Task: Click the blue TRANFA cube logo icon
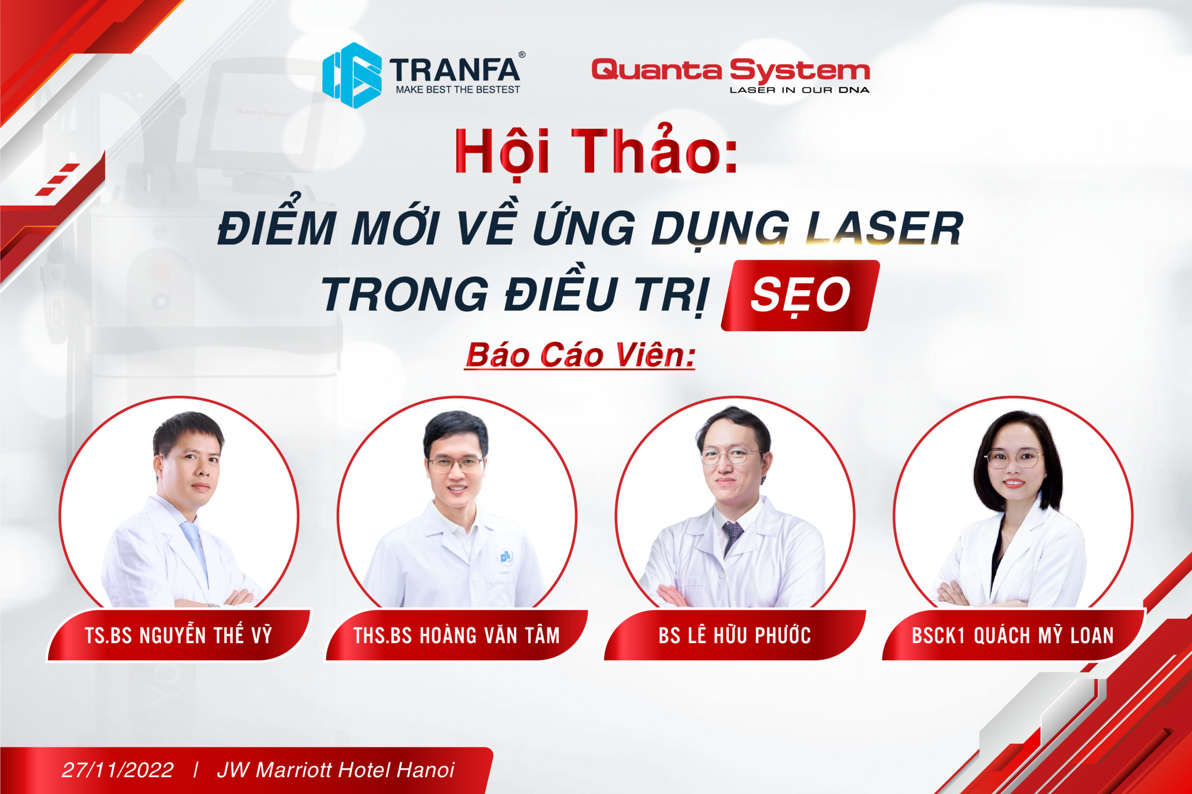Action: tap(352, 75)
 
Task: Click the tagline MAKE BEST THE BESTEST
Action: tap(457, 90)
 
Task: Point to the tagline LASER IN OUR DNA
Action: tap(799, 90)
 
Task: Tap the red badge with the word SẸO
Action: tap(800, 295)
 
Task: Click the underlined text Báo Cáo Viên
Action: tap(580, 356)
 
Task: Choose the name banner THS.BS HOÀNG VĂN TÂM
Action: tap(456, 635)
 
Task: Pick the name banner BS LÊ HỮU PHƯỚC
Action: tap(735, 635)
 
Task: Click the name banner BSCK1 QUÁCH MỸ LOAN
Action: tap(1013, 635)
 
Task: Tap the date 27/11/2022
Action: tap(117, 770)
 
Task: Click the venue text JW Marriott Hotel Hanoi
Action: tap(335, 770)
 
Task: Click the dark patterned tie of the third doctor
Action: tap(732, 537)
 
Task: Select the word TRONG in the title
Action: tap(405, 295)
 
